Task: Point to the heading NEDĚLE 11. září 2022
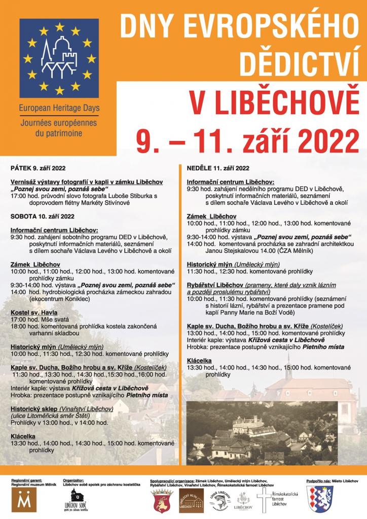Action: pos(218,168)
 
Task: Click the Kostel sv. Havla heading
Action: pos(34,313)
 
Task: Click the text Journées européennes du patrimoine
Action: pos(59,128)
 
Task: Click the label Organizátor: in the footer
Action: pos(74,479)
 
